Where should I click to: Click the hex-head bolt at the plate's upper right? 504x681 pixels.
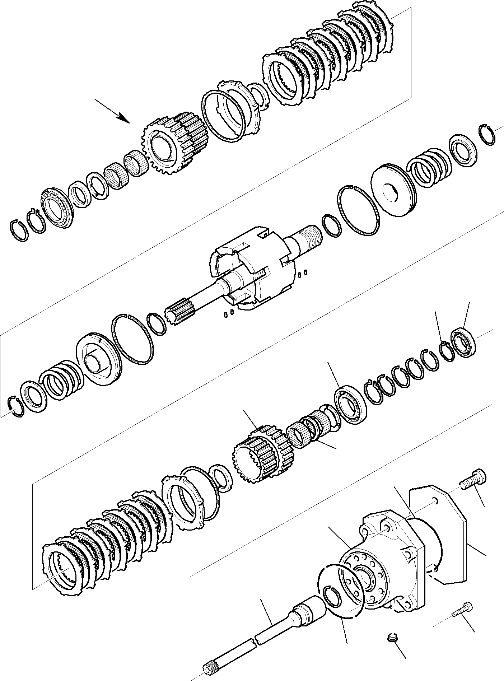tap(474, 480)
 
